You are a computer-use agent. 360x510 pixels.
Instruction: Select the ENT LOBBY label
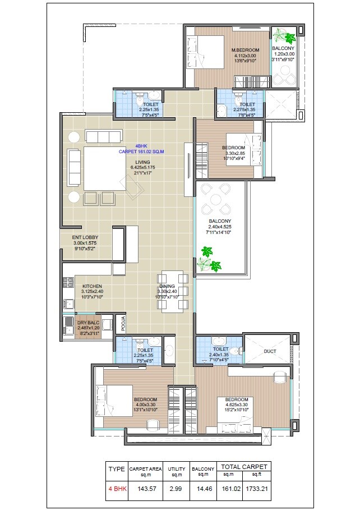[x=86, y=238]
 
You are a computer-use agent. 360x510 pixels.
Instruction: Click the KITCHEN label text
[x=91, y=286]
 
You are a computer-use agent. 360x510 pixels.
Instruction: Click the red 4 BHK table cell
[x=117, y=489]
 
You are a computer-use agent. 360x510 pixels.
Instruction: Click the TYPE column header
[x=117, y=468]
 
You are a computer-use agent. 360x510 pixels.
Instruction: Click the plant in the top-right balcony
[x=289, y=39]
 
